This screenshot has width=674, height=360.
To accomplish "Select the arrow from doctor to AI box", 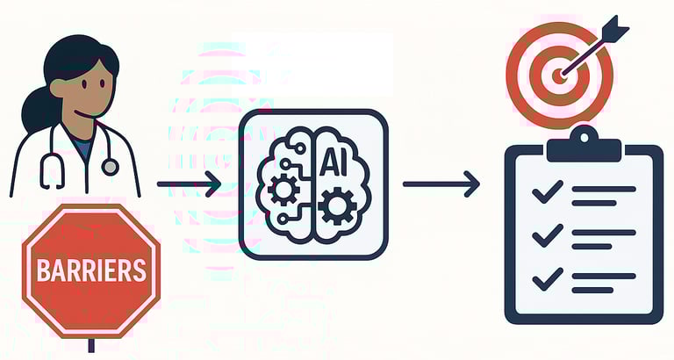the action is pyautogui.click(x=189, y=184).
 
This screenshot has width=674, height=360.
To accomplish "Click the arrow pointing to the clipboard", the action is pyautogui.click(x=441, y=184).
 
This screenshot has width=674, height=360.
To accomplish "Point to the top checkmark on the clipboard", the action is pyautogui.click(x=547, y=191).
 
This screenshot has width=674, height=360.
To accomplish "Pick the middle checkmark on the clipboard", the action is pyautogui.click(x=547, y=234).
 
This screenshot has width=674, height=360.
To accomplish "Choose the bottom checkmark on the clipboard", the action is pyautogui.click(x=547, y=278).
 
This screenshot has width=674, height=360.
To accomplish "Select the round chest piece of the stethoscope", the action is pyautogui.click(x=110, y=167).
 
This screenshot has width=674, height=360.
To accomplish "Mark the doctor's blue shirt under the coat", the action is pyautogui.click(x=82, y=149).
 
